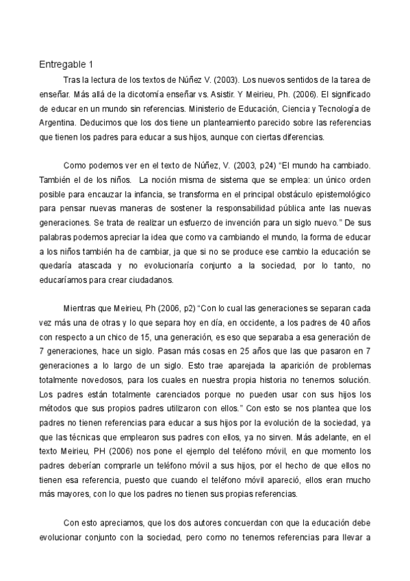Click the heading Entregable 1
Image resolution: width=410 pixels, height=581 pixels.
pyautogui.click(x=66, y=66)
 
